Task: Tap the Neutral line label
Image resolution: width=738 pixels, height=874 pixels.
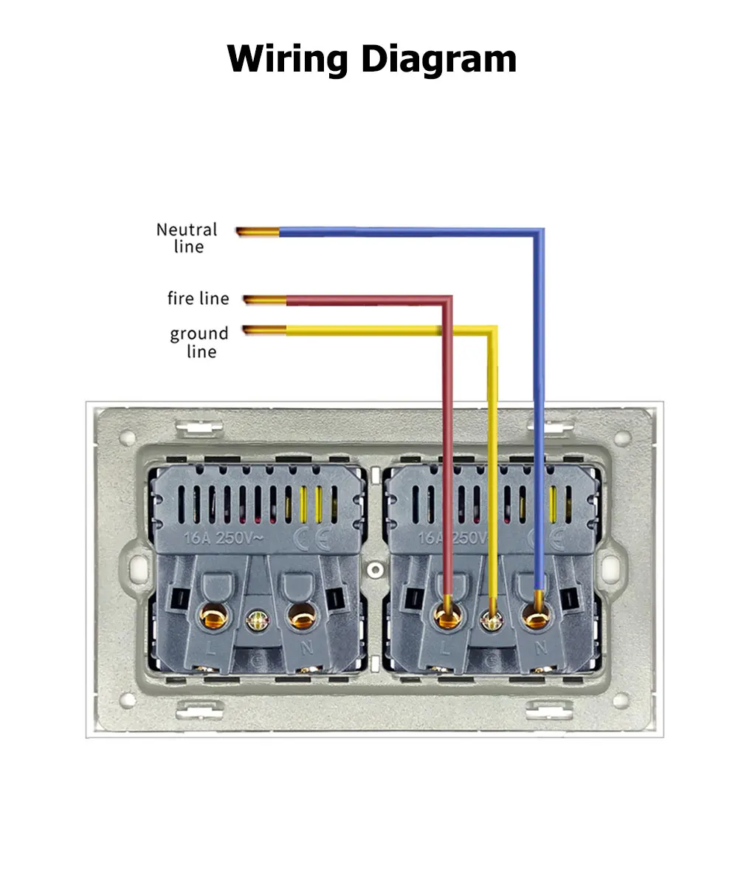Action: [x=187, y=238]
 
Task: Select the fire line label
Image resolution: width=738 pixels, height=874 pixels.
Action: [x=198, y=298]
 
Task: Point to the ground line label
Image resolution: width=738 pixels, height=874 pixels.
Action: [x=199, y=342]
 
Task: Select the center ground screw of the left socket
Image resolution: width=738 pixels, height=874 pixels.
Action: [x=258, y=619]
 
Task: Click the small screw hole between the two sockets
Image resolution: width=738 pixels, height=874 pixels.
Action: [x=376, y=570]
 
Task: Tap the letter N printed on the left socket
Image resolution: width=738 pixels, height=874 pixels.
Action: [x=306, y=649]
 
